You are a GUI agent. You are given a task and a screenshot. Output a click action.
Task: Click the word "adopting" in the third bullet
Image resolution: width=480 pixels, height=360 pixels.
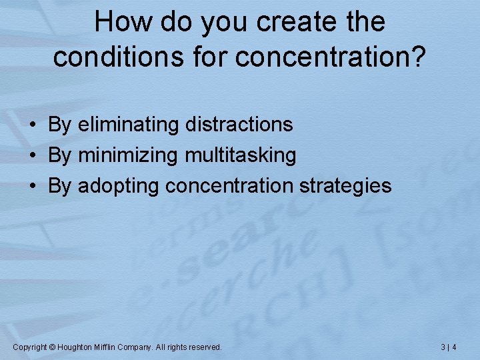point(118,186)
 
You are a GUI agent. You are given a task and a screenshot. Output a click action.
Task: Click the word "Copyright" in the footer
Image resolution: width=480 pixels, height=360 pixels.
point(30,347)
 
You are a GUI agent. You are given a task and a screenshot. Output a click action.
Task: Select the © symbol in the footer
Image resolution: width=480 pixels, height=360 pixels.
point(53,347)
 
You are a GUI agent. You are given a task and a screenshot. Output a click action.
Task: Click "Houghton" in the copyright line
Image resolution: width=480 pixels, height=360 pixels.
point(75,347)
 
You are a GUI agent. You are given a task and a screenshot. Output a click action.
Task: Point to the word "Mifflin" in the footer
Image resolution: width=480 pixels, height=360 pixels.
point(105,347)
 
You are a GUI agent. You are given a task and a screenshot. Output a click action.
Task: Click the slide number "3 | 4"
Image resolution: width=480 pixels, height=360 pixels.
point(449,347)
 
